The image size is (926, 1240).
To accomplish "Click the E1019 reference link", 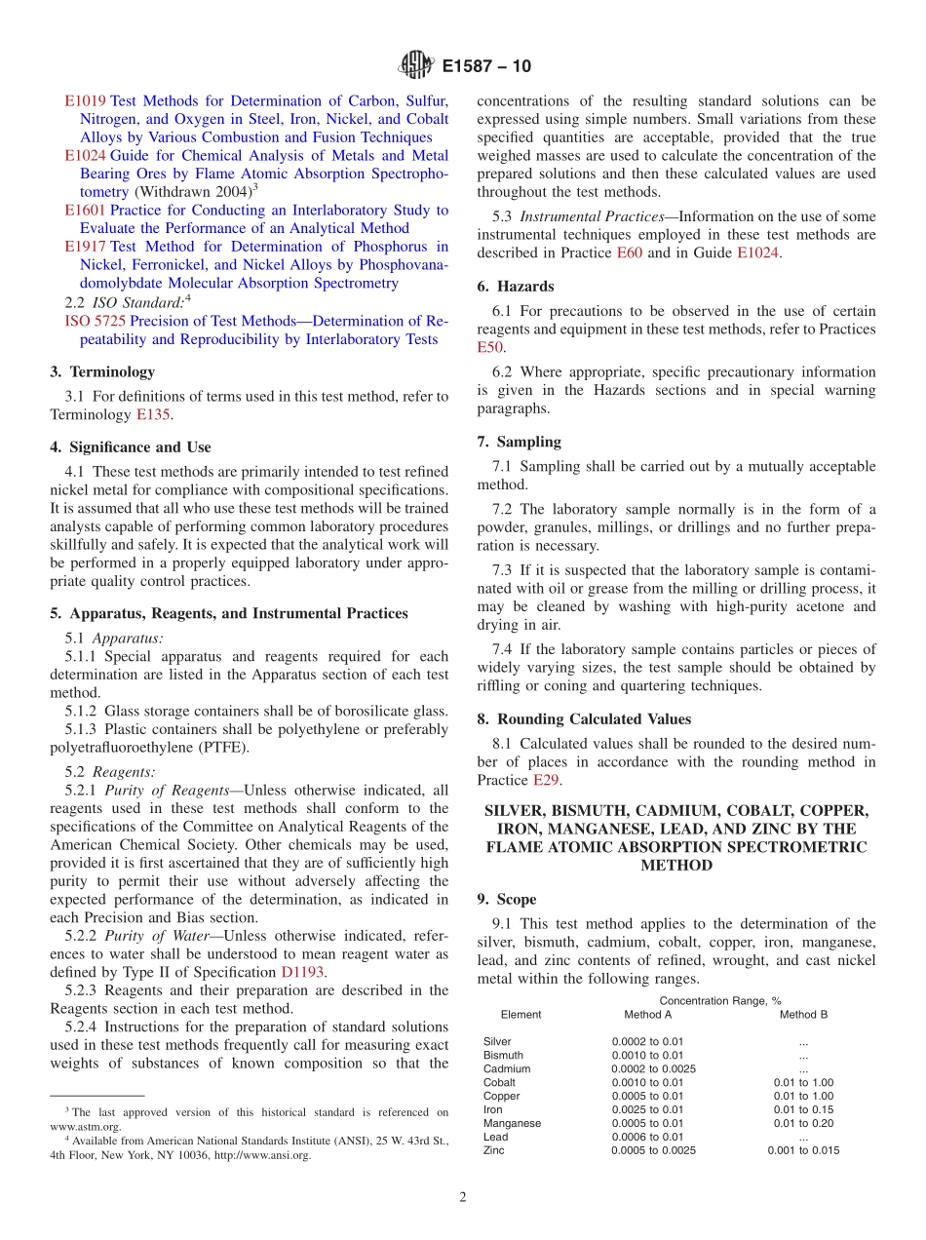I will coord(85,100).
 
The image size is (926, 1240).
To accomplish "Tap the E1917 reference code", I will coord(85,247).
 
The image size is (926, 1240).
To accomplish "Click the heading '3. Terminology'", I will coord(102,371).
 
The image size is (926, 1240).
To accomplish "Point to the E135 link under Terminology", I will coord(154,414).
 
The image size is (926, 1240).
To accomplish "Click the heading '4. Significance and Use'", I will coord(130,447).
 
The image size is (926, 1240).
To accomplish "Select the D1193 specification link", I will coord(302,972).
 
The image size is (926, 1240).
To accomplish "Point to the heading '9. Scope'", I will coord(506,899).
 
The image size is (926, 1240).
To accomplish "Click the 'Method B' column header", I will coord(803,1015).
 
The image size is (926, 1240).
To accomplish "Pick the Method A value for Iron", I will coord(647,1109).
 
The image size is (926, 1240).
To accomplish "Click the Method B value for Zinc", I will coord(803,1150).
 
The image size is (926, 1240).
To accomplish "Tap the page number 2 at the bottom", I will coord(463,1198).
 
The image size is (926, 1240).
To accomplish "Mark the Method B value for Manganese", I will coord(803,1123).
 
